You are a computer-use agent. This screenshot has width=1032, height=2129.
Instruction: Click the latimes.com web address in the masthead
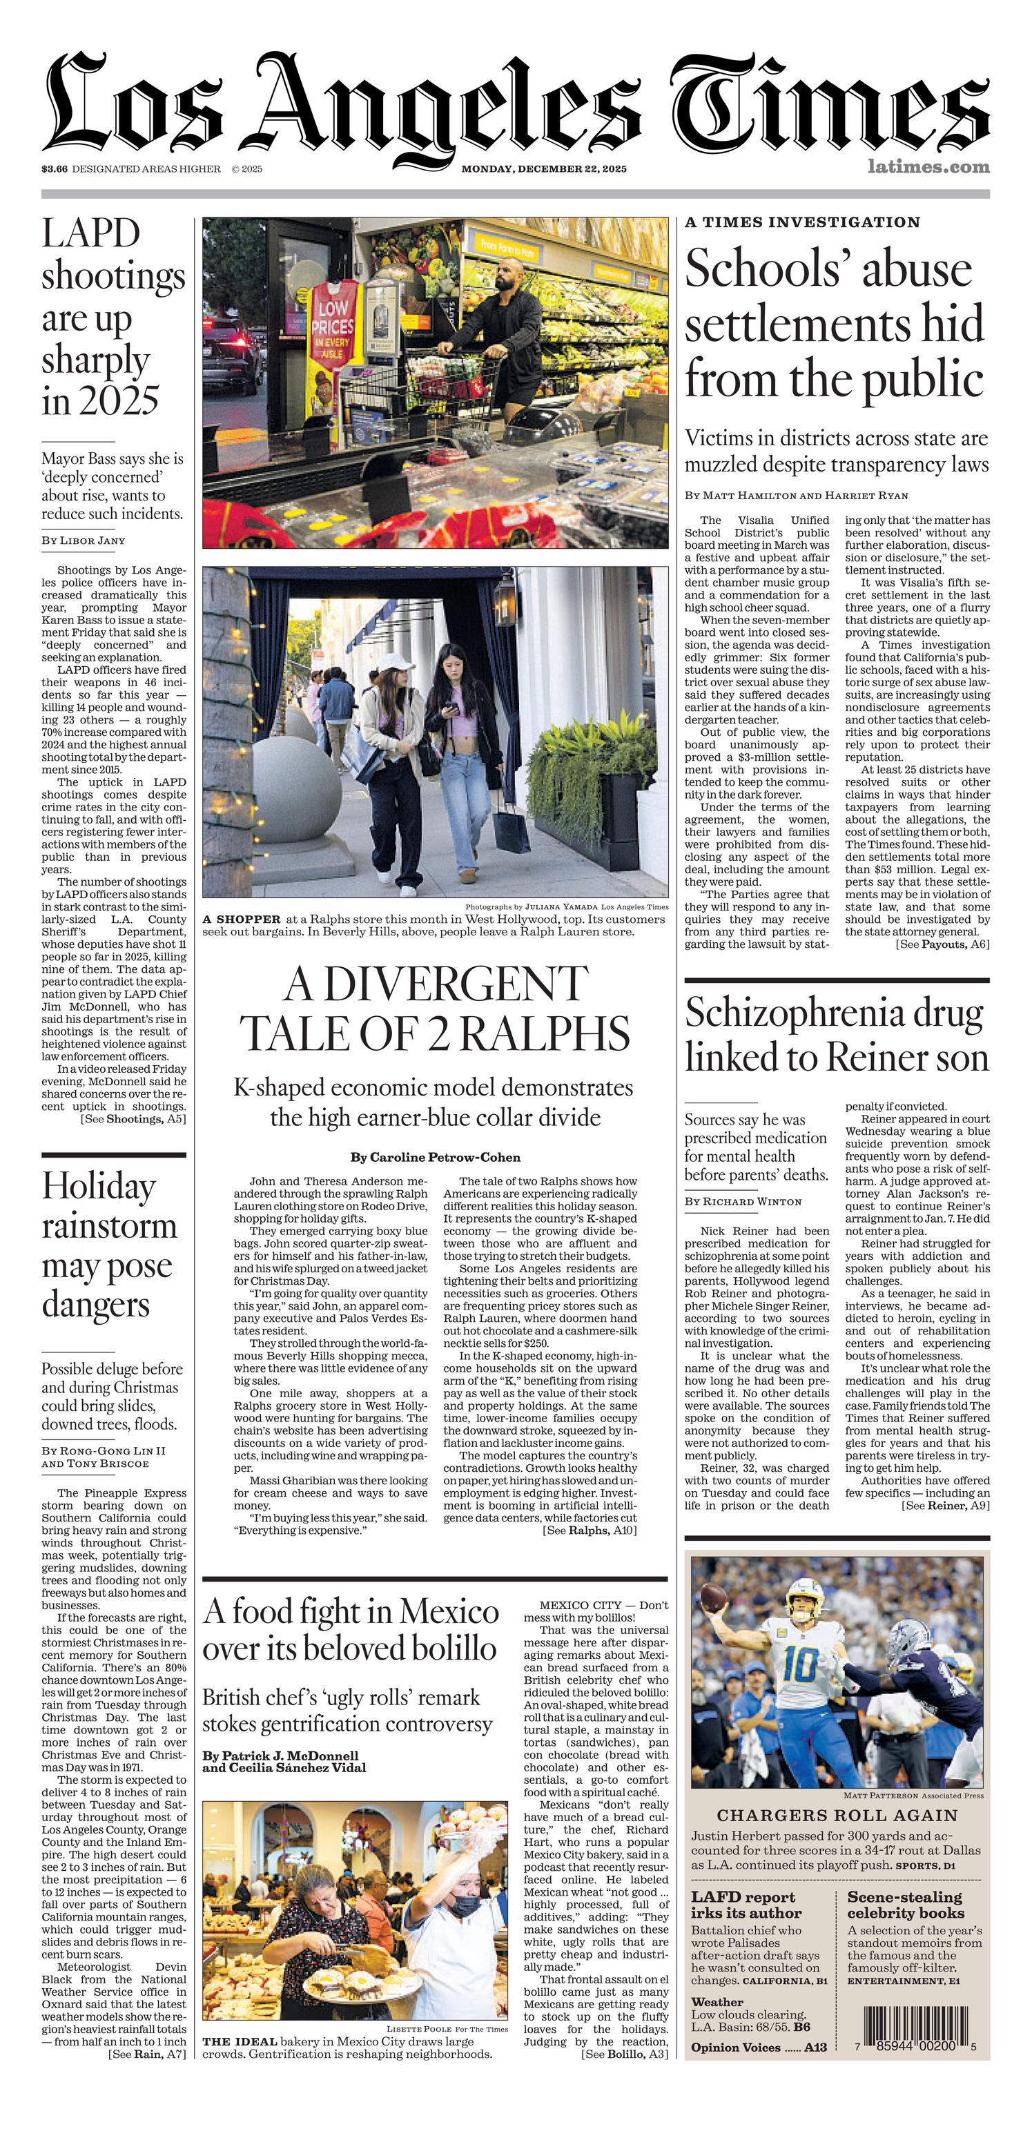pyautogui.click(x=928, y=167)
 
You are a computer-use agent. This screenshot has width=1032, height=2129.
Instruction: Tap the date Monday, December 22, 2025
pyautogui.click(x=544, y=168)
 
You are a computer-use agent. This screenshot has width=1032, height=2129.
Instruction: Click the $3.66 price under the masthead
pyautogui.click(x=55, y=168)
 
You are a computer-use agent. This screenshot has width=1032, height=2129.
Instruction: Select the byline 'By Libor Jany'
pyautogui.click(x=84, y=541)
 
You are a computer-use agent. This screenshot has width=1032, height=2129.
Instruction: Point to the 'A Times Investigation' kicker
pyautogui.click(x=802, y=222)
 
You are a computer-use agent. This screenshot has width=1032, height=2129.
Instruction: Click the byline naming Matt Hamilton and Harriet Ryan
pyautogui.click(x=796, y=495)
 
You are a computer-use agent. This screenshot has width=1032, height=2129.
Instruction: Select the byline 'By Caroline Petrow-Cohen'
pyautogui.click(x=436, y=1157)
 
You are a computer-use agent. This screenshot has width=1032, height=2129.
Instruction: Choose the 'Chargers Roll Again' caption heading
pyautogui.click(x=837, y=1815)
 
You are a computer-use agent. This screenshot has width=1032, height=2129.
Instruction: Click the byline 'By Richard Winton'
pyautogui.click(x=743, y=1201)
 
